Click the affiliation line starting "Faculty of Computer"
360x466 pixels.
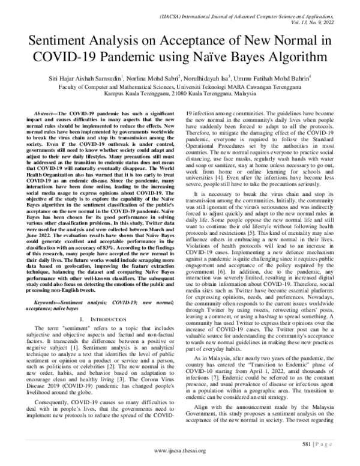(180, 86)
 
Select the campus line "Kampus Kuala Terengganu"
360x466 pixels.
(180, 94)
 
